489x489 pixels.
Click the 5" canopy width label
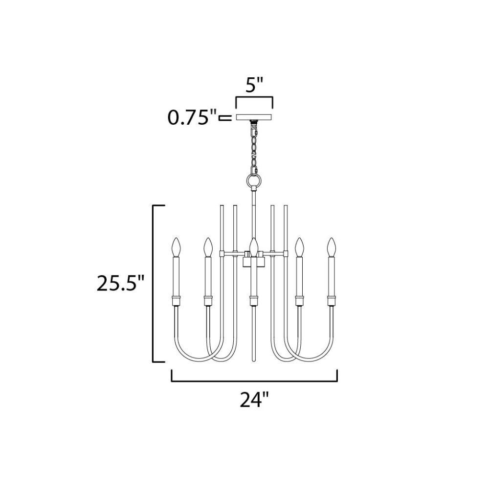point(254,86)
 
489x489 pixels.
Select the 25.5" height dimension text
point(121,283)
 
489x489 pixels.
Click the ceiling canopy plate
point(254,117)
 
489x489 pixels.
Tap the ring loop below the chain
point(254,180)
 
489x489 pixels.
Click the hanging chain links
point(255,147)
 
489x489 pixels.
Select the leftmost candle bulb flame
point(176,247)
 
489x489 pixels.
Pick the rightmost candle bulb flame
point(331,247)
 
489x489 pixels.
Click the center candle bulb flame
point(254,247)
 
